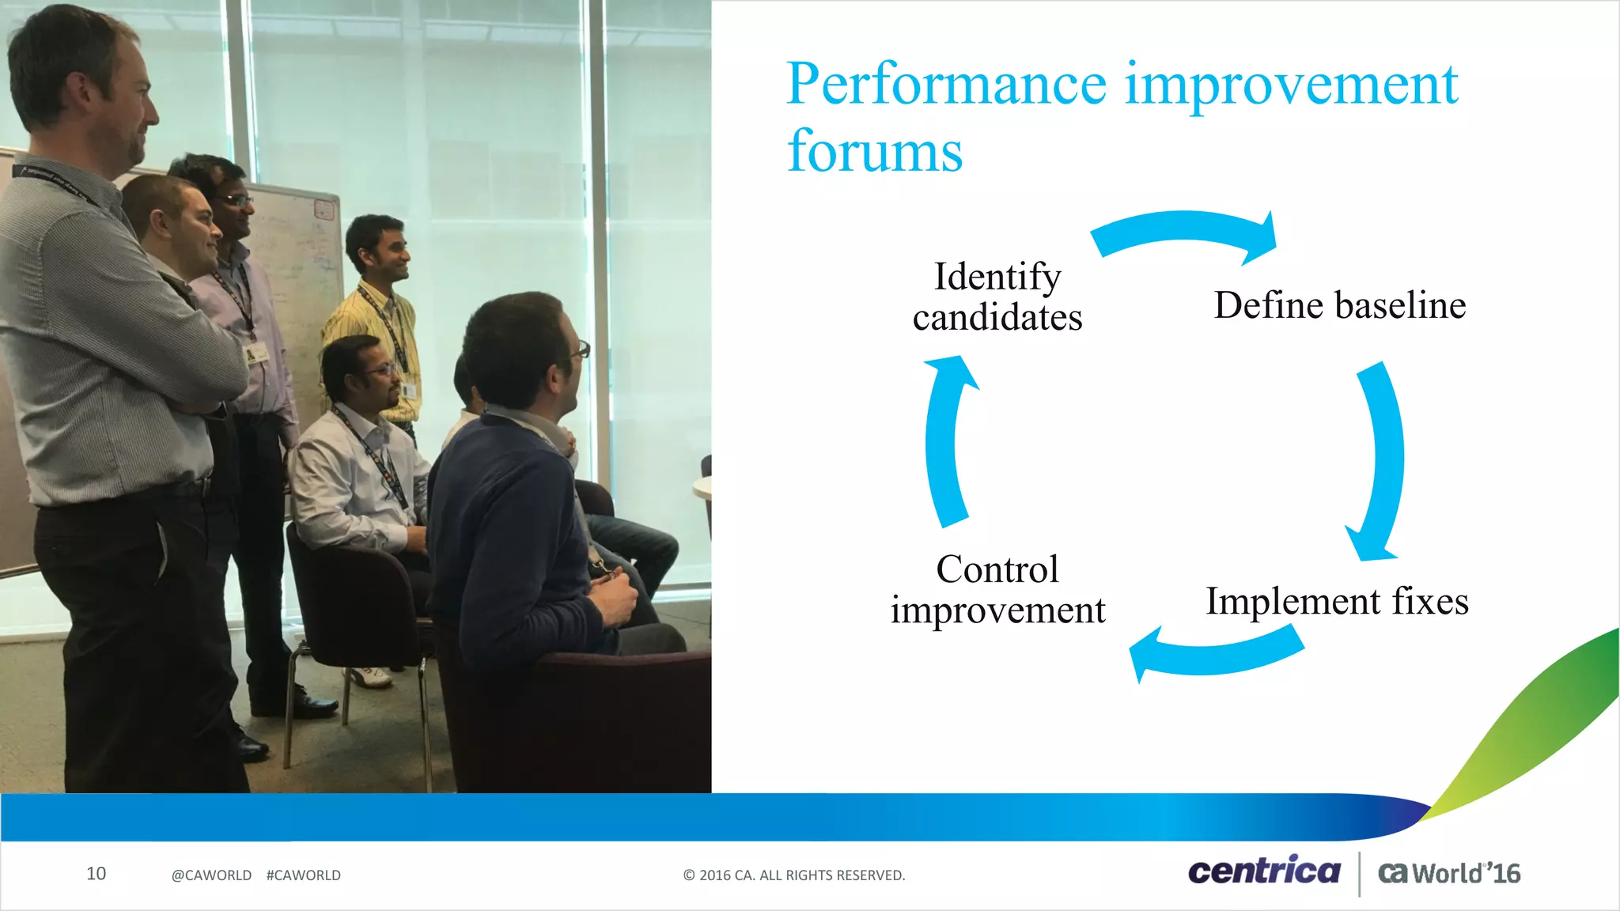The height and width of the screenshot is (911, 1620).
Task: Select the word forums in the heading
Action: point(875,152)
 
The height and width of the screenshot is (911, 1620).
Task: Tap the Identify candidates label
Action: point(997,297)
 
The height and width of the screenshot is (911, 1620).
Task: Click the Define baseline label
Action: point(1339,305)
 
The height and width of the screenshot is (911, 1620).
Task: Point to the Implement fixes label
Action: point(1337,601)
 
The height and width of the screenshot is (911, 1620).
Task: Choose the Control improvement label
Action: point(997,590)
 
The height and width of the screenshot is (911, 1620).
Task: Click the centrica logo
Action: point(1264,871)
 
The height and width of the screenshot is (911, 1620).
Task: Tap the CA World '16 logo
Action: point(1449,873)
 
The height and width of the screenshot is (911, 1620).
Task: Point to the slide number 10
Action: point(96,874)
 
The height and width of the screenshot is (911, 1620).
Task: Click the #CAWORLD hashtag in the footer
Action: point(304,875)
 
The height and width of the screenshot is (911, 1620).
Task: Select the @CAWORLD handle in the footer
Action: point(211,875)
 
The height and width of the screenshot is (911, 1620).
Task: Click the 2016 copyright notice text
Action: point(794,875)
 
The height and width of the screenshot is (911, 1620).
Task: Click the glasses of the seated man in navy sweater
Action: point(581,349)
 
